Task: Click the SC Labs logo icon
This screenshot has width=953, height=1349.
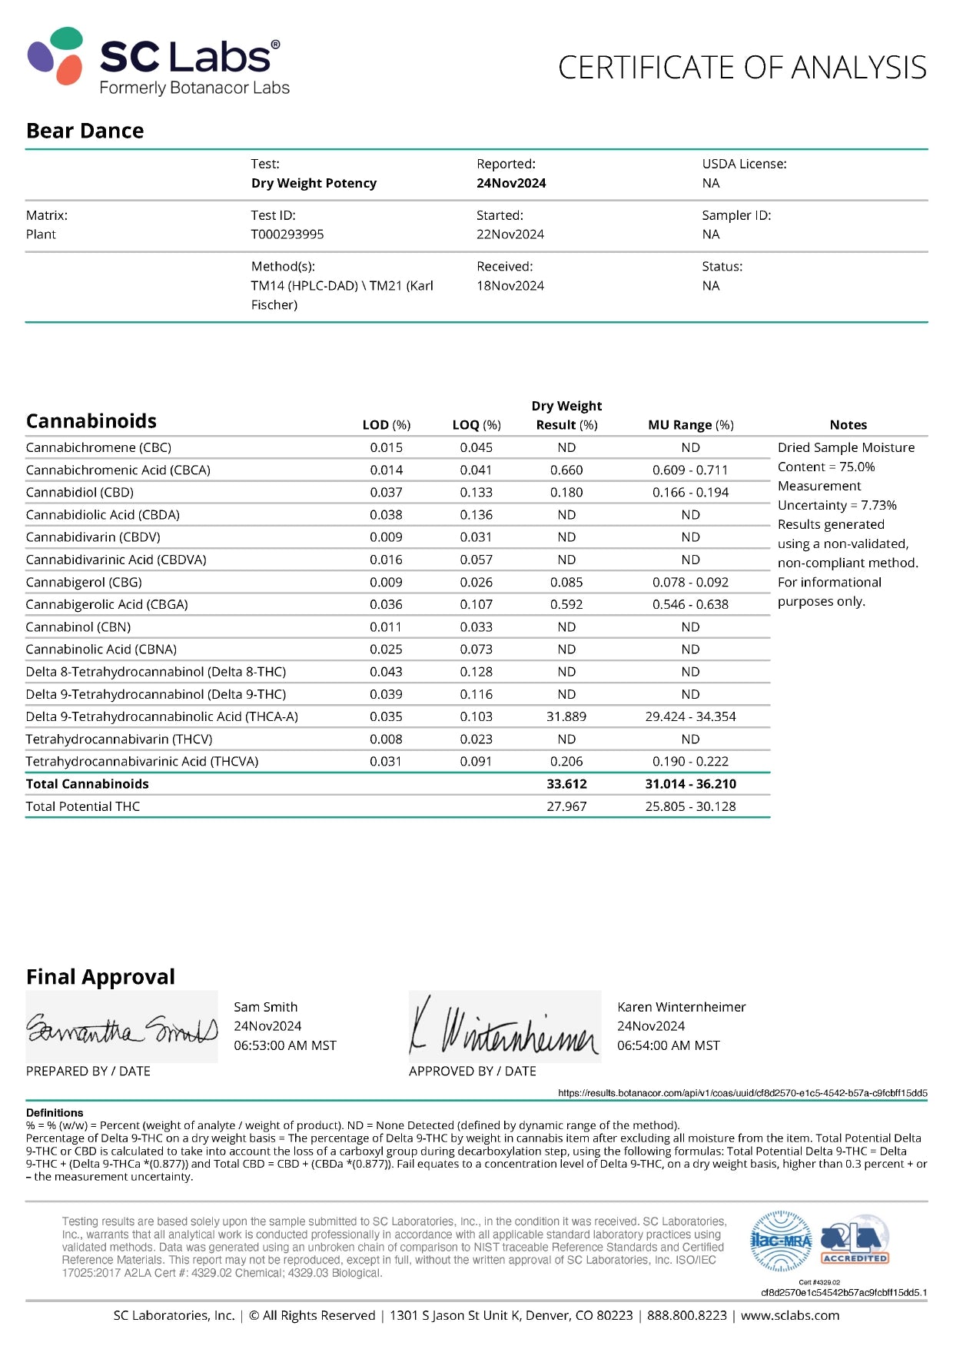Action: (56, 55)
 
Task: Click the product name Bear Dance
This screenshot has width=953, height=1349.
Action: (85, 131)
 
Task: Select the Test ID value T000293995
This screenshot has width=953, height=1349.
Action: (287, 234)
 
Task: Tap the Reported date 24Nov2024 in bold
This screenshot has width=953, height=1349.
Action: (511, 183)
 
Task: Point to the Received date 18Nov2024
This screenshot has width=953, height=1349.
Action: (510, 286)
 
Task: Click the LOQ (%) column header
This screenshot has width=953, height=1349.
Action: (476, 425)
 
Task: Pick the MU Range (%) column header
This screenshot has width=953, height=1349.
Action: (690, 425)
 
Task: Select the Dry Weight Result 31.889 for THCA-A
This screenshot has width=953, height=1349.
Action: (566, 716)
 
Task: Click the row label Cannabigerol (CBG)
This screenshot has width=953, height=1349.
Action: (84, 582)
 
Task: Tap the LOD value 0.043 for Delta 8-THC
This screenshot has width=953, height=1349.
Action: (386, 672)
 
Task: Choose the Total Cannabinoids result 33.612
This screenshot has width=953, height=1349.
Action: (566, 784)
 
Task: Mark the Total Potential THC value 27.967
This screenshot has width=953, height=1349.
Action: (566, 806)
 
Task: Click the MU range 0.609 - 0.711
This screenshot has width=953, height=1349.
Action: (690, 470)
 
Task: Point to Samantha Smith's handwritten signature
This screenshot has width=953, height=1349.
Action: (121, 1028)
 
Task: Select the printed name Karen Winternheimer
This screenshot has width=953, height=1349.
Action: (681, 1007)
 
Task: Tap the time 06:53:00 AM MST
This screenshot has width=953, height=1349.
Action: (285, 1045)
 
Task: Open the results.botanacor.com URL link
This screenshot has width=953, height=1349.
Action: (742, 1093)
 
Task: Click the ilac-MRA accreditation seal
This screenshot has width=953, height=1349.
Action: (781, 1241)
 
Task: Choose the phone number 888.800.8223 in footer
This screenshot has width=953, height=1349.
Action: (686, 1315)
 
